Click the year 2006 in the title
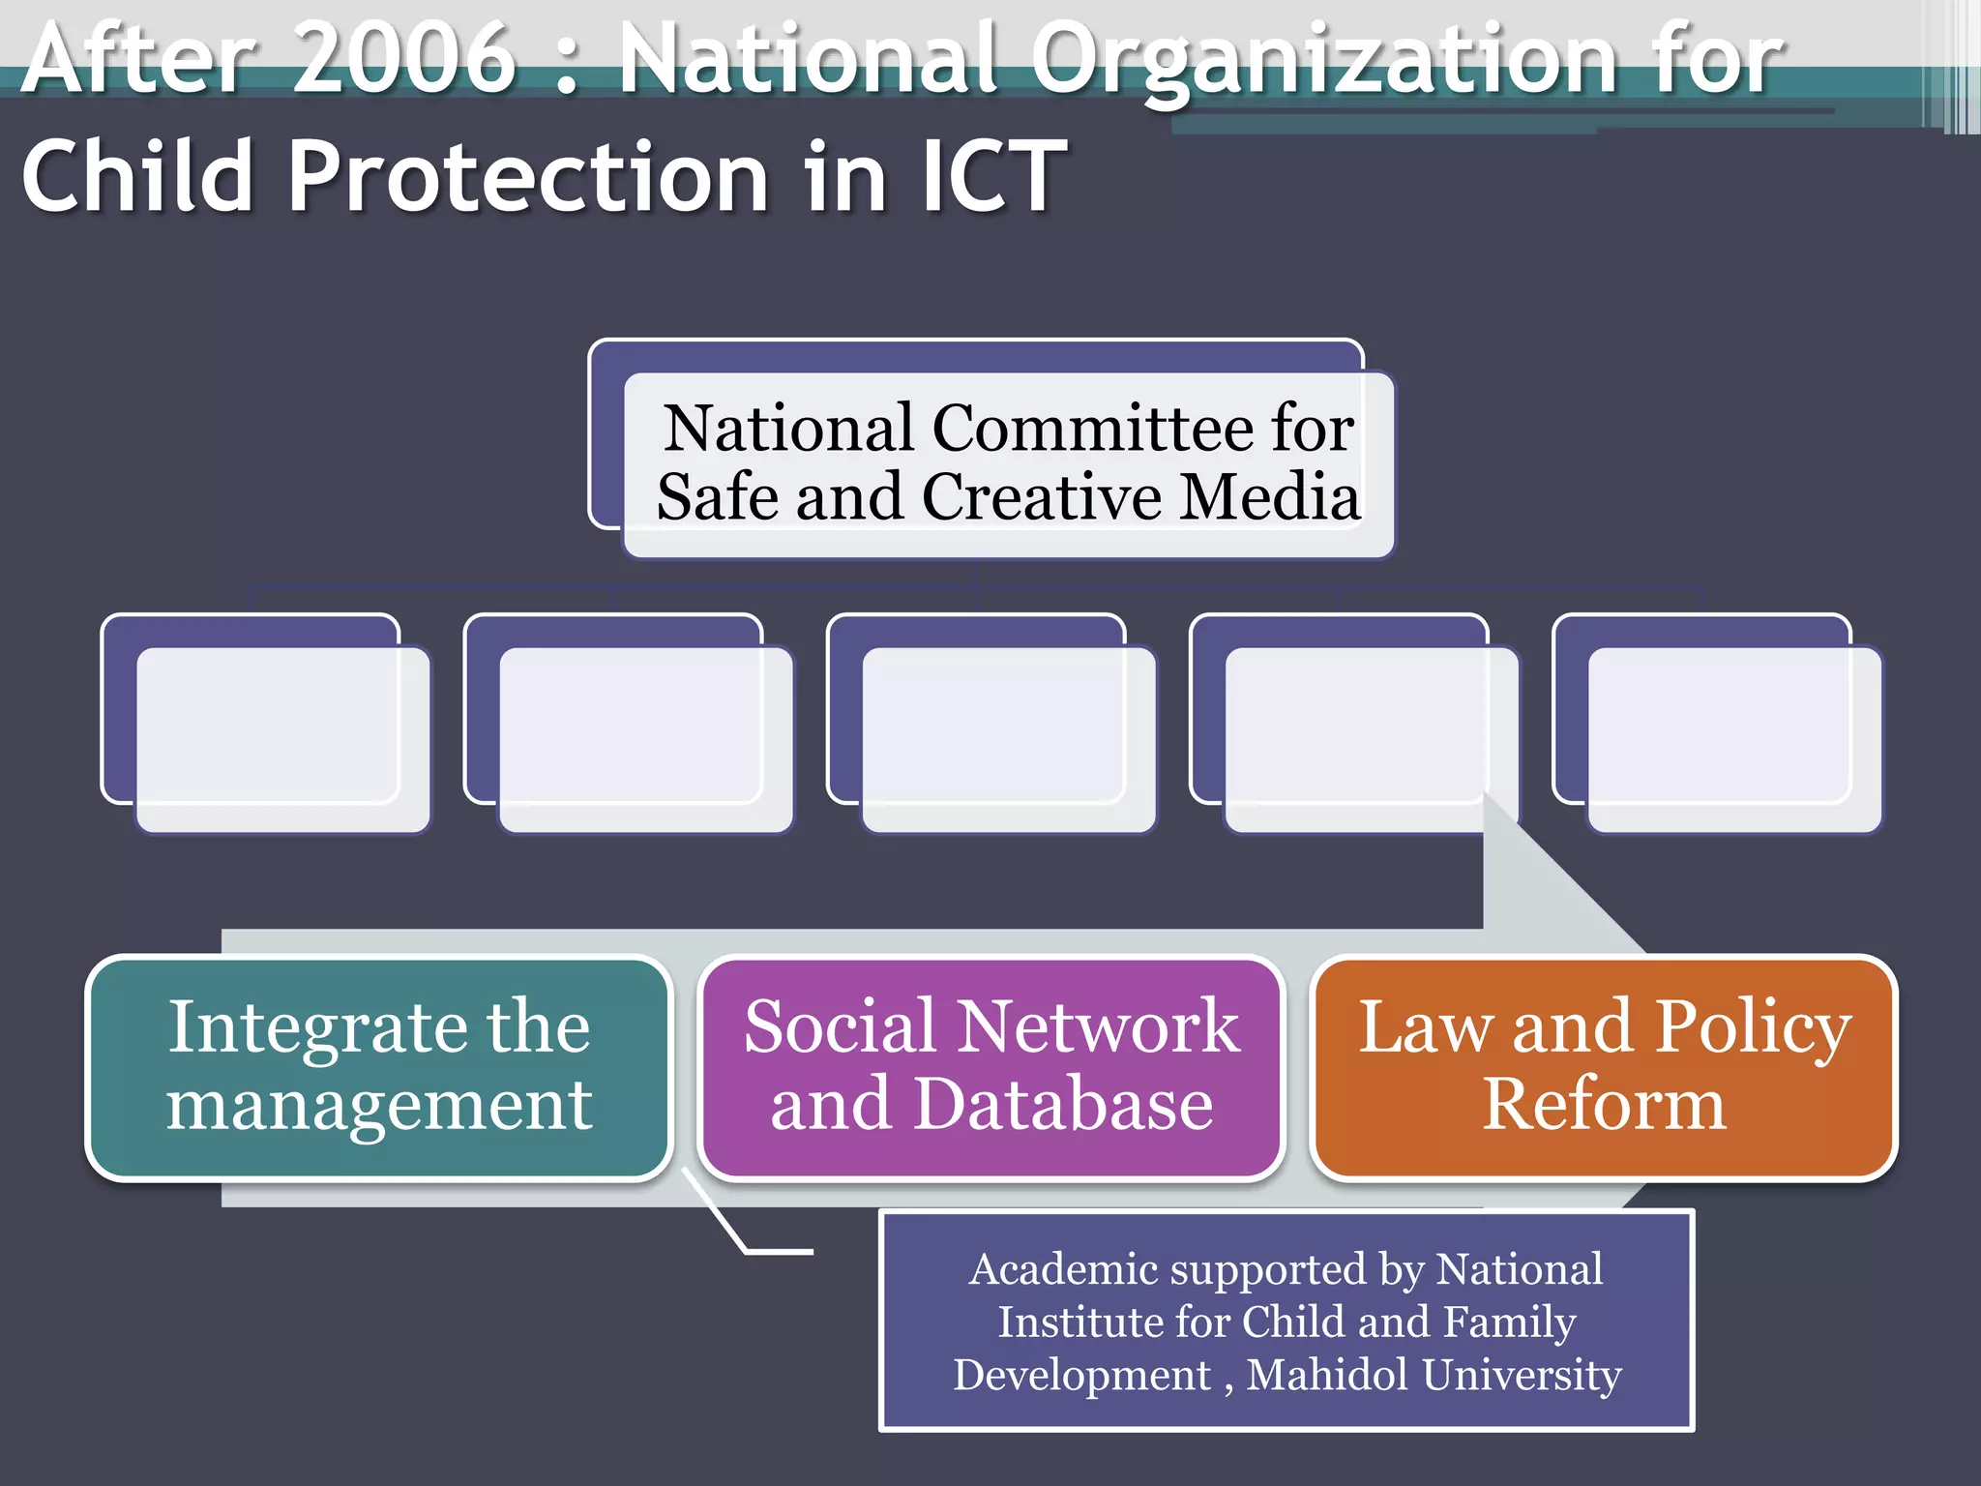pyautogui.click(x=403, y=60)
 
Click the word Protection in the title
pyautogui.click(x=528, y=177)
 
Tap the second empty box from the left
pyautogui.click(x=644, y=737)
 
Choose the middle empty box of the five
pyautogui.click(x=1007, y=737)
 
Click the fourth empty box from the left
pyautogui.click(x=1370, y=737)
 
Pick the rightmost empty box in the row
pyautogui.click(x=1733, y=737)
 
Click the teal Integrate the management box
pyautogui.click(x=379, y=1067)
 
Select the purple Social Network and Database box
pyautogui.click(x=990, y=1067)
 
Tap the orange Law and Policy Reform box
pyautogui.click(x=1604, y=1067)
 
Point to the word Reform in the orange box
pyautogui.click(x=1604, y=1105)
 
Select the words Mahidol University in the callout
pyautogui.click(x=1434, y=1375)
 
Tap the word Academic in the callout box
pyautogui.click(x=1065, y=1269)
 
